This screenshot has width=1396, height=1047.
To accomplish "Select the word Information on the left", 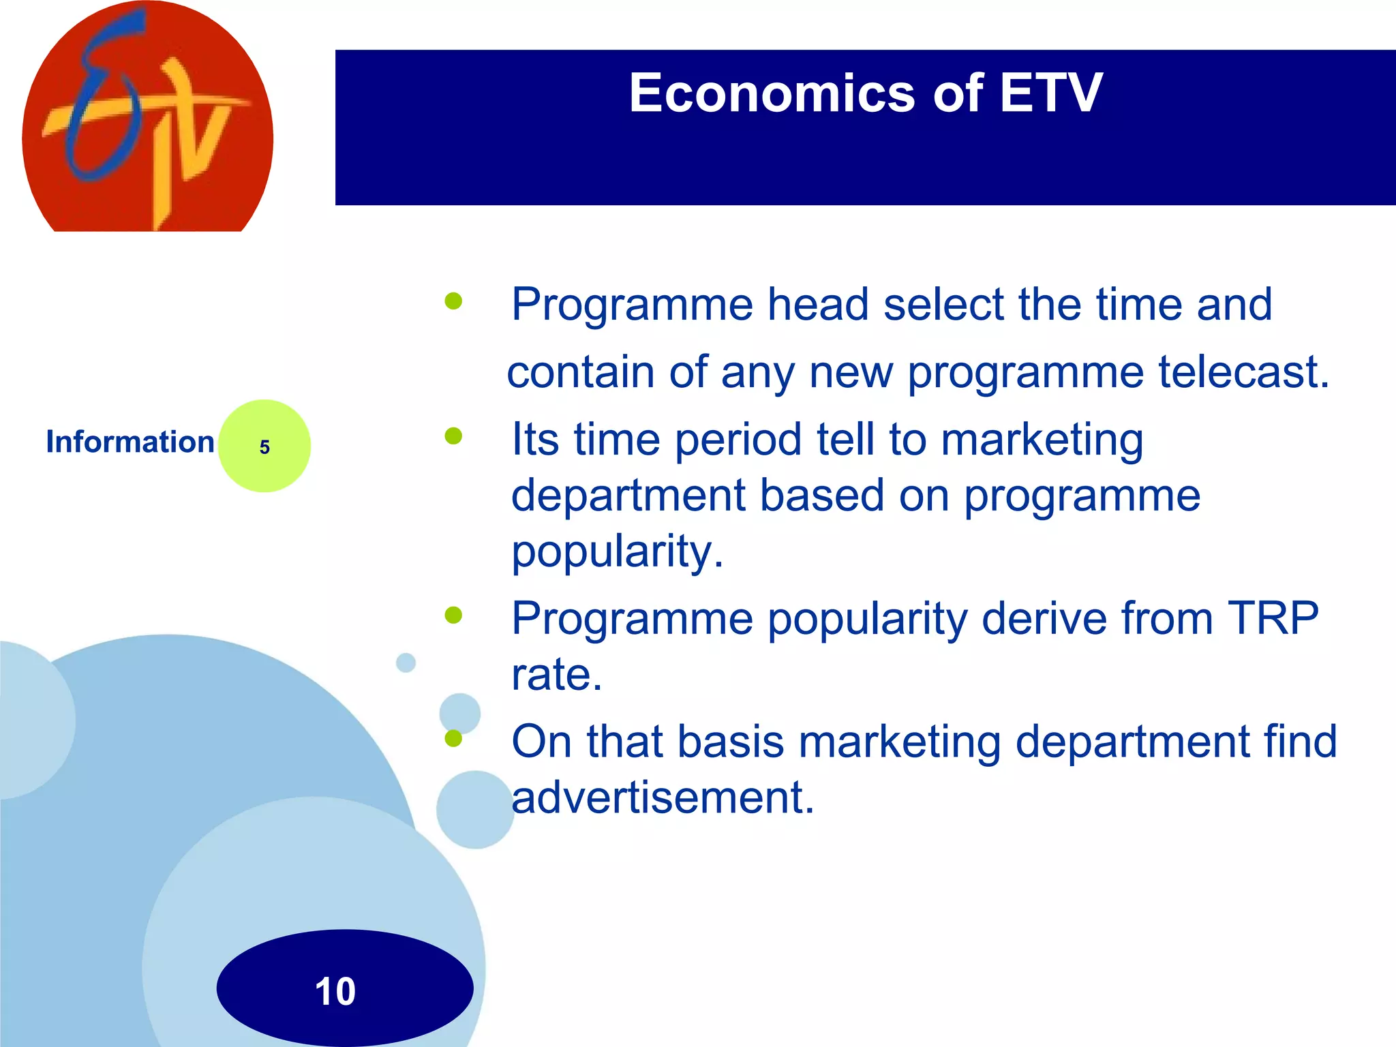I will tap(130, 442).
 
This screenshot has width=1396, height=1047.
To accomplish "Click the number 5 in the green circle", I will tap(264, 447).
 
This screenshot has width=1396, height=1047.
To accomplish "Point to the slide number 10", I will tap(335, 991).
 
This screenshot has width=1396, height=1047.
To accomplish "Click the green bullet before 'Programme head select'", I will tap(453, 301).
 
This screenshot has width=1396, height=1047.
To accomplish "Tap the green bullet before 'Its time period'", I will tap(453, 436).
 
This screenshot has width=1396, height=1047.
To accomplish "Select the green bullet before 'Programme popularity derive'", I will tap(453, 616).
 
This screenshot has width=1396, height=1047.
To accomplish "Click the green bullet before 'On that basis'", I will tap(453, 738).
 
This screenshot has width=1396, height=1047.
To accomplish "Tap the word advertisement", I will tap(662, 798).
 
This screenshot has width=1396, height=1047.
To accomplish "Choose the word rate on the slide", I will tap(556, 675).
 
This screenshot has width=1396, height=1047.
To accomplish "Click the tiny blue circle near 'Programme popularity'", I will tap(406, 663).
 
